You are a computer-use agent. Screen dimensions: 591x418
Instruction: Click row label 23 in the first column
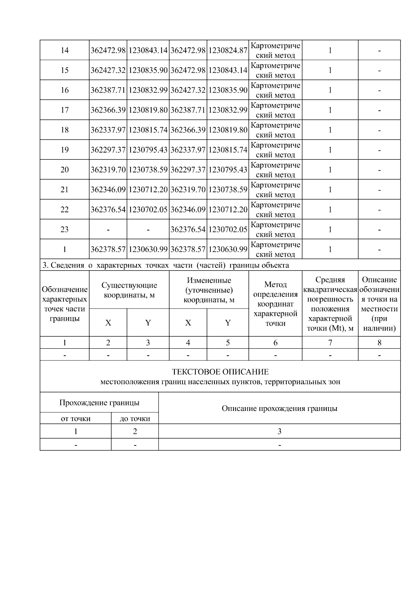[x=64, y=229]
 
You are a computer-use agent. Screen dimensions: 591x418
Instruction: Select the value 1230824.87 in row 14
[x=228, y=50]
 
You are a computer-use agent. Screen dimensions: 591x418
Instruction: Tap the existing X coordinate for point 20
[x=108, y=170]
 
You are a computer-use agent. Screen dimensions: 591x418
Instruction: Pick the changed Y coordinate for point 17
[x=228, y=110]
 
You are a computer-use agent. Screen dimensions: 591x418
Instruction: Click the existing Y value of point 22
[x=148, y=210]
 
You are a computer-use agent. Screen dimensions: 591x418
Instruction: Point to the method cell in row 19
[x=275, y=150]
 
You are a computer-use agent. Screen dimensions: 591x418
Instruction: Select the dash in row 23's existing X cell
[x=108, y=230]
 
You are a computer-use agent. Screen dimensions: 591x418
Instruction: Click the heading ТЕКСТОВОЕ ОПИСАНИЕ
[x=220, y=372]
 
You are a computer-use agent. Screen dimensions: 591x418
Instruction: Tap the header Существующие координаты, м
[x=129, y=290]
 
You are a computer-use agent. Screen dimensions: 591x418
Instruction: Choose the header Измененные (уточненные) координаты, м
[x=209, y=290]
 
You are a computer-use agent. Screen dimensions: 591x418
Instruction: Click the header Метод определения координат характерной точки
[x=275, y=304]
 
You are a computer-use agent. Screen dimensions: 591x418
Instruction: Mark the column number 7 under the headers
[x=330, y=343]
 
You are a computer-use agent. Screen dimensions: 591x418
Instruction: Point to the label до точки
[x=135, y=419]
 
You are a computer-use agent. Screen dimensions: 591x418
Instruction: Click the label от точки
[x=76, y=419]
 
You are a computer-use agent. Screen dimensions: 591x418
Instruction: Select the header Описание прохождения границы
[x=279, y=408]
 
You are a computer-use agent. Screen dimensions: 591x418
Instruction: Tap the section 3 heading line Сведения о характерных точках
[x=165, y=265]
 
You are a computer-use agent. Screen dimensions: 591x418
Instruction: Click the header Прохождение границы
[x=99, y=403]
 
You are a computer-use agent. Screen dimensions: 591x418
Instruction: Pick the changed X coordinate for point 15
[x=188, y=70]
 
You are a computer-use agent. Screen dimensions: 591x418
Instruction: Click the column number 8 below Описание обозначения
[x=379, y=343]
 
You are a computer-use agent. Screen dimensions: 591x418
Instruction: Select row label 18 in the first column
[x=64, y=130]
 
